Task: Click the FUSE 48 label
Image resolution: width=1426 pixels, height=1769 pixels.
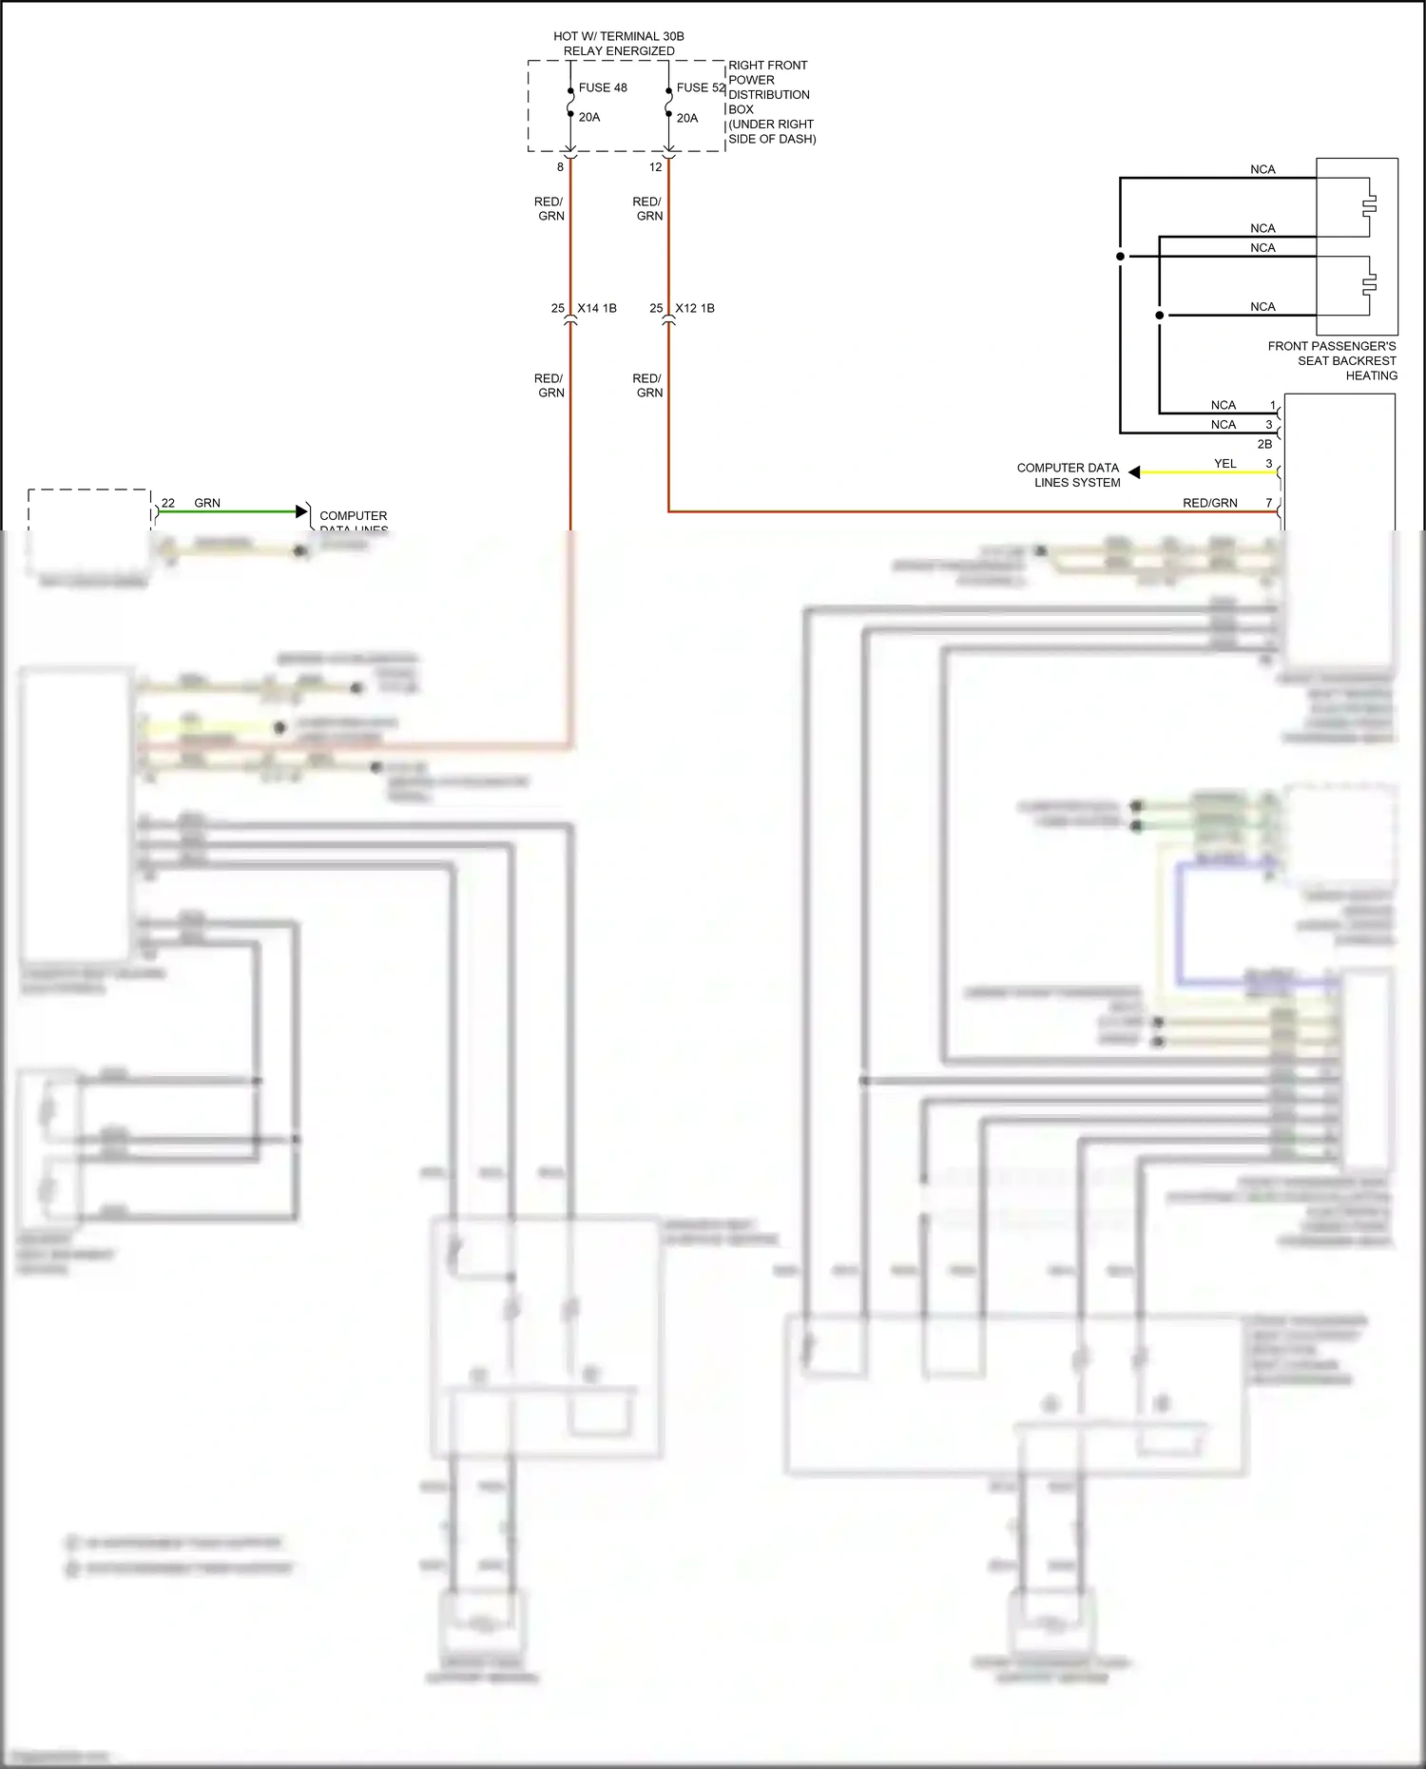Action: (x=603, y=87)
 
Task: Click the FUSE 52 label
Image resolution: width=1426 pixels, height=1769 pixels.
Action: (x=701, y=87)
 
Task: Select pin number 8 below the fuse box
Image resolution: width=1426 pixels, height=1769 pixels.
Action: (x=560, y=167)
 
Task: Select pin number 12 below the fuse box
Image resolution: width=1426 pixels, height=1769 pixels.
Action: (x=655, y=167)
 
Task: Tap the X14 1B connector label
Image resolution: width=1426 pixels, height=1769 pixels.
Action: (x=597, y=308)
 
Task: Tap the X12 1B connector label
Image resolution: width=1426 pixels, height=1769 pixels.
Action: (x=695, y=308)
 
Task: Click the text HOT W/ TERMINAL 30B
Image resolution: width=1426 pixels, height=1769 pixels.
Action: (x=619, y=36)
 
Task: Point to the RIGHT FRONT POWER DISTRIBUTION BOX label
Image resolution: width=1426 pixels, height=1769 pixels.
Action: (x=770, y=102)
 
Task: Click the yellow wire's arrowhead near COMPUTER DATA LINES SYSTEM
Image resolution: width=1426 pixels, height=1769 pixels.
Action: (x=1134, y=472)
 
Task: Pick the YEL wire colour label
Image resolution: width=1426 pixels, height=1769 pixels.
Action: (x=1225, y=464)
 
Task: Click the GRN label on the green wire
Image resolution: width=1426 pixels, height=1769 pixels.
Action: (x=207, y=503)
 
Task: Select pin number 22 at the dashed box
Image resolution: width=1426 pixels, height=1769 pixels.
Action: (x=168, y=503)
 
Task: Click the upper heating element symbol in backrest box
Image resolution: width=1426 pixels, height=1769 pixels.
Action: (x=1369, y=204)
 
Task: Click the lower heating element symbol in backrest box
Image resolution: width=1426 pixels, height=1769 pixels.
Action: (x=1369, y=283)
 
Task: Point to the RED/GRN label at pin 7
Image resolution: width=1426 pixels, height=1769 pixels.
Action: (x=1209, y=503)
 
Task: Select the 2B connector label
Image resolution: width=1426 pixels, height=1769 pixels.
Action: (x=1264, y=444)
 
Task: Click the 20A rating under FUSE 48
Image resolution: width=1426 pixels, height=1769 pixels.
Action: (x=589, y=117)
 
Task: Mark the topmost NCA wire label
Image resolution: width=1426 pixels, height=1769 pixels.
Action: (x=1262, y=169)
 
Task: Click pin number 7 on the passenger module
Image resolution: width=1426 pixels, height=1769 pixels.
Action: (x=1268, y=503)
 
